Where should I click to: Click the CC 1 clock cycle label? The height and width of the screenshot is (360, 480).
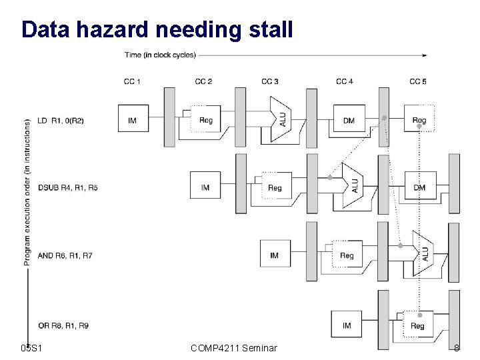pyautogui.click(x=132, y=82)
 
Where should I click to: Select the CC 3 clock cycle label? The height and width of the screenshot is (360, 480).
pyautogui.click(x=270, y=82)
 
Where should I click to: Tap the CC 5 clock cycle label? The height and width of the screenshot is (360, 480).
pyautogui.click(x=418, y=82)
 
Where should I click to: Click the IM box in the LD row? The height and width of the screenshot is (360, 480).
pyautogui.click(x=132, y=120)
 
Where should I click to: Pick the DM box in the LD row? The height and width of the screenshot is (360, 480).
pyautogui.click(x=349, y=120)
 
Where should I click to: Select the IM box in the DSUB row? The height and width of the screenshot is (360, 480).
pyautogui.click(x=205, y=187)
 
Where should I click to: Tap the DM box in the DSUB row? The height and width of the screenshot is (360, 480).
pyautogui.click(x=419, y=187)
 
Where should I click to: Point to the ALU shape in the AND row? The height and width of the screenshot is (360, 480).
pyautogui.click(x=423, y=254)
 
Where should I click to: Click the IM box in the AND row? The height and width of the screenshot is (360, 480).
pyautogui.click(x=275, y=255)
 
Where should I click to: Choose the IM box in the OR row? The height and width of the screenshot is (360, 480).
pyautogui.click(x=347, y=325)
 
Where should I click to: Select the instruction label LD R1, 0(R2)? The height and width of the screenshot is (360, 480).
pyautogui.click(x=62, y=120)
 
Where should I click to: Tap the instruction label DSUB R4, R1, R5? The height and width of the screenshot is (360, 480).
pyautogui.click(x=67, y=188)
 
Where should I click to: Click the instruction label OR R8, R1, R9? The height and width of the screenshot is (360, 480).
pyautogui.click(x=63, y=325)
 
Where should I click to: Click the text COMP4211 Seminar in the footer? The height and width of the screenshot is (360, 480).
pyautogui.click(x=233, y=347)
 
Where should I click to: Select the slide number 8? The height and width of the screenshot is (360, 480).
pyautogui.click(x=457, y=347)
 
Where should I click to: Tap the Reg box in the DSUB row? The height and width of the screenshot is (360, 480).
pyautogui.click(x=275, y=187)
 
